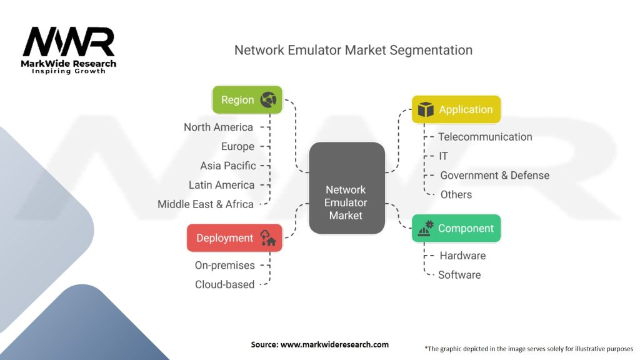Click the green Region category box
[247, 99]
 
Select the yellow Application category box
[456, 109]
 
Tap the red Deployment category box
[234, 238]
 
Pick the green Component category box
[456, 228]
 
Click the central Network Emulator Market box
[346, 188]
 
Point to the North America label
[218, 127]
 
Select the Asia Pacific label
[228, 166]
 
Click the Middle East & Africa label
[206, 204]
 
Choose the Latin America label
[222, 185]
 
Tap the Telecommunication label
[485, 137]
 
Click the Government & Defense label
[495, 176]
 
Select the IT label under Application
[443, 156]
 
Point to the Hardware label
[463, 256]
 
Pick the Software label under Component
[459, 275]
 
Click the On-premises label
[225, 265]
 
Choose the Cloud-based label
[225, 284]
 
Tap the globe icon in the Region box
[268, 99]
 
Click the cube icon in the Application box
[425, 109]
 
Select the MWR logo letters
[69, 42]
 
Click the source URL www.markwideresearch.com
[335, 344]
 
